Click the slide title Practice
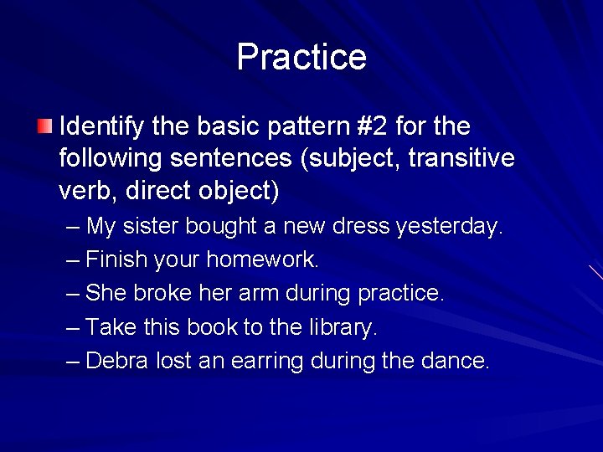(301, 57)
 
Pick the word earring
(266, 362)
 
